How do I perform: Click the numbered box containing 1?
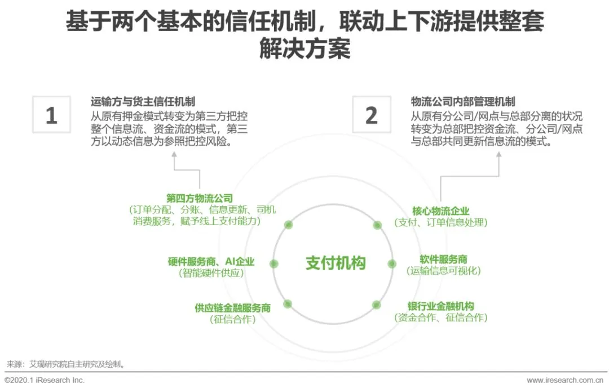[x=51, y=115]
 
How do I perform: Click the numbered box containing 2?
[x=371, y=115]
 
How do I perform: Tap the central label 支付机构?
[x=336, y=263]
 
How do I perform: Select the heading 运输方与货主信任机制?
[x=143, y=102]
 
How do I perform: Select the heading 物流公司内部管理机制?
[x=463, y=102]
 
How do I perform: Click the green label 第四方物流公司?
[x=200, y=198]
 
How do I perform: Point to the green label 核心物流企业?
[x=440, y=211]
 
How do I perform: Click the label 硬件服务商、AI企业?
[x=211, y=262]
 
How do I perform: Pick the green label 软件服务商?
[x=443, y=260]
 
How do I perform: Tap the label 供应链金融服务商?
[x=233, y=308]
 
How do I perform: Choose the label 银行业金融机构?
[x=440, y=306]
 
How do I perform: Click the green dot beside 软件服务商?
[x=391, y=263]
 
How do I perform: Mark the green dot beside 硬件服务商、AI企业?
[x=274, y=263]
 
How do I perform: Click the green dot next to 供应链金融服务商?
[x=288, y=304]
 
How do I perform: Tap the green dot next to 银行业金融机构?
[x=377, y=305]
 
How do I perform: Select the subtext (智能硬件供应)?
[x=211, y=273]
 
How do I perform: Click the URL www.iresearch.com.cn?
[x=567, y=381]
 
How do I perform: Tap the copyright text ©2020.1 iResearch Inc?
[x=45, y=381]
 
